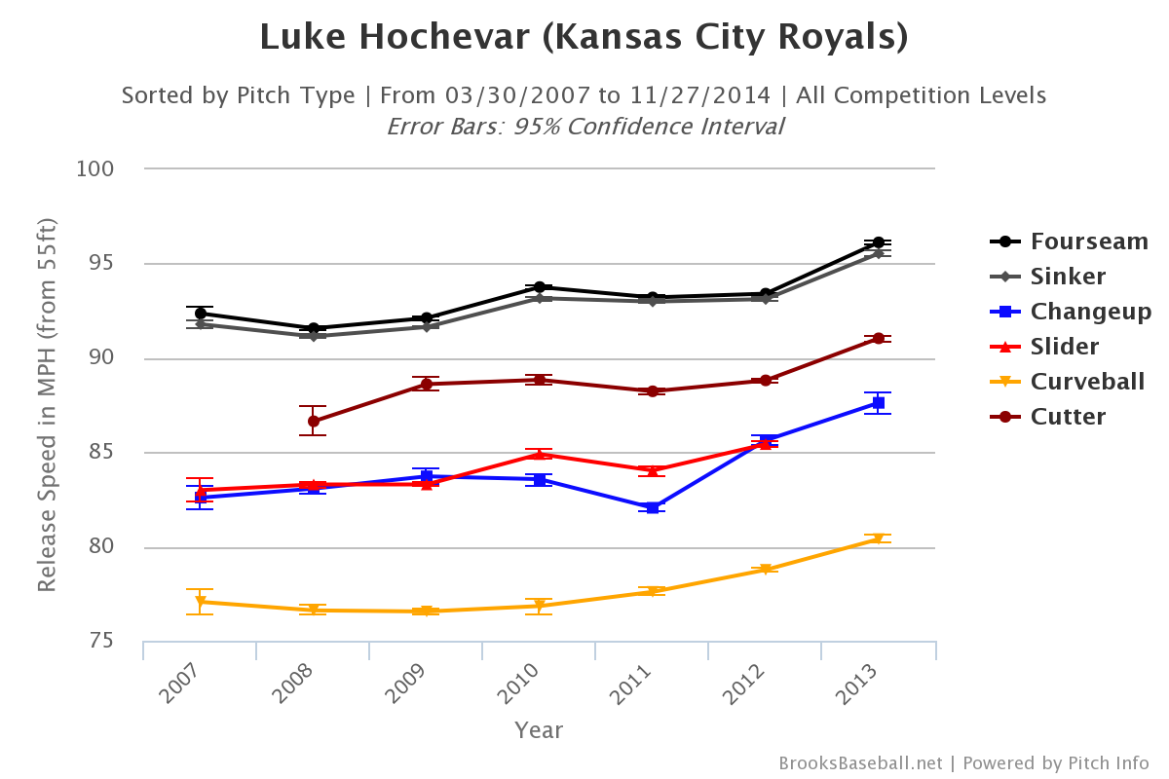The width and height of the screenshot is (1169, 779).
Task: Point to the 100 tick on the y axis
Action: pyautogui.click(x=96, y=169)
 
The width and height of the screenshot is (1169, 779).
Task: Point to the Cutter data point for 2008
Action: pyautogui.click(x=314, y=421)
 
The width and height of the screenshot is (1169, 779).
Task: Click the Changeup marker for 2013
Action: pyautogui.click(x=878, y=403)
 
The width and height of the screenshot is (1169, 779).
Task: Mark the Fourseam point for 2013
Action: pyautogui.click(x=878, y=242)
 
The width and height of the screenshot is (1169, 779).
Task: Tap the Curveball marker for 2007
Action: pyautogui.click(x=201, y=602)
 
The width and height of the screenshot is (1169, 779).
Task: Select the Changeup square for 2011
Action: pyautogui.click(x=652, y=507)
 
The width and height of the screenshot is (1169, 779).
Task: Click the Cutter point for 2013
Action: pyautogui.click(x=878, y=338)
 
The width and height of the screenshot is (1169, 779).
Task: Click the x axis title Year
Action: pyautogui.click(x=539, y=730)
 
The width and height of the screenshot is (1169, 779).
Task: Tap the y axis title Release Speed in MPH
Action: pyautogui.click(x=47, y=405)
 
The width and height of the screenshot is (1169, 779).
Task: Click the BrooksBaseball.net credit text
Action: pyautogui.click(x=860, y=763)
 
